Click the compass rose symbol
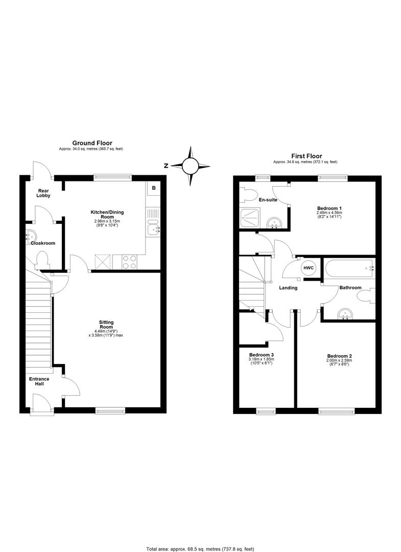click(x=190, y=166)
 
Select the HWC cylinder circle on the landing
click(x=309, y=268)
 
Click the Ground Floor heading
click(x=92, y=143)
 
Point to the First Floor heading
click(x=306, y=156)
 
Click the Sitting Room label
click(x=106, y=325)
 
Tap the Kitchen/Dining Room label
click(x=107, y=215)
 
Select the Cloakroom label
click(x=42, y=243)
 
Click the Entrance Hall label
click(x=39, y=381)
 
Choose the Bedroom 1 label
click(x=329, y=209)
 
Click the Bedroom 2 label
click(x=340, y=356)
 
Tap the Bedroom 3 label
click(x=262, y=355)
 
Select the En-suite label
click(x=268, y=200)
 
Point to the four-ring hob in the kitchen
click(x=130, y=262)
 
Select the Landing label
click(x=288, y=288)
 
